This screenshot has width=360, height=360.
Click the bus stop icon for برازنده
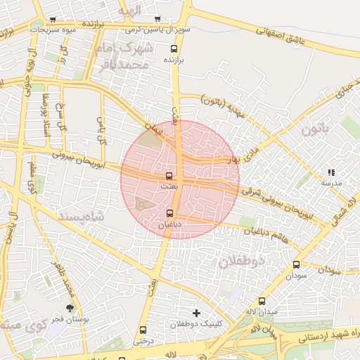(174, 49)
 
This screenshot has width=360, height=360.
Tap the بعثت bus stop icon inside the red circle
(169, 176)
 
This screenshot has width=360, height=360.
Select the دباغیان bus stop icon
(169, 213)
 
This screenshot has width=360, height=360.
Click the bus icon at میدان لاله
(262, 300)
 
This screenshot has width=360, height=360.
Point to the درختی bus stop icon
(143, 330)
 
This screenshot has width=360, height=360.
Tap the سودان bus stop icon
(296, 265)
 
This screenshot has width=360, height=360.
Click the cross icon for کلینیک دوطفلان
(196, 312)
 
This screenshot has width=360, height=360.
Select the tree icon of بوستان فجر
(69, 308)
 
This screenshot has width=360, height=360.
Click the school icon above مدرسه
(330, 172)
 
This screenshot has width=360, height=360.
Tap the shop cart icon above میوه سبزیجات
(53, 19)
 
